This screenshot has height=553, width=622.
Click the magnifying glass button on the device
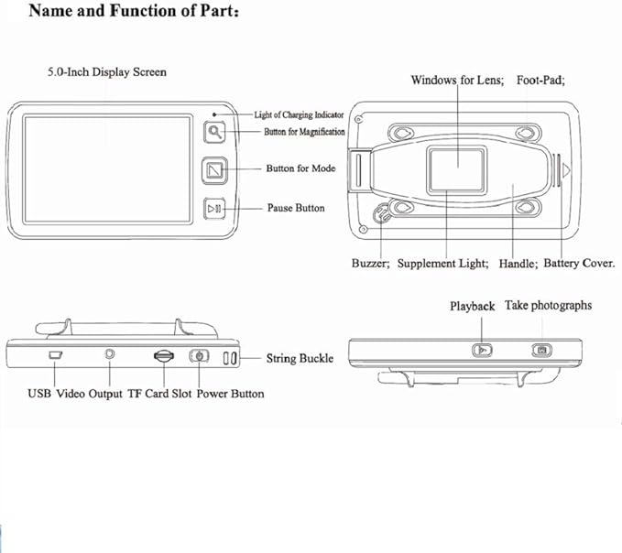click(214, 132)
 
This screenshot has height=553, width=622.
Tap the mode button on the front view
click(214, 170)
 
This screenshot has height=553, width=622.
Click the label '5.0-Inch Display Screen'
click(107, 71)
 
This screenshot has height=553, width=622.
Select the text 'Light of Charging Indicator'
click(299, 114)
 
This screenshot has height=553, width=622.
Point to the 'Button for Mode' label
click(300, 168)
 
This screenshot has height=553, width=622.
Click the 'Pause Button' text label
click(295, 208)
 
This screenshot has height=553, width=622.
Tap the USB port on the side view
click(55, 354)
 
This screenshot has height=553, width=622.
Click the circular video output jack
click(111, 353)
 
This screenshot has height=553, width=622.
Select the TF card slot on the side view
click(163, 355)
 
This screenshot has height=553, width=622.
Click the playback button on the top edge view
click(483, 348)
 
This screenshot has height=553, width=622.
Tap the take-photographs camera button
click(541, 348)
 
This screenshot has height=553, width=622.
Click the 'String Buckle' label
click(300, 358)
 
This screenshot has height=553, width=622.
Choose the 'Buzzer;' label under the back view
click(371, 264)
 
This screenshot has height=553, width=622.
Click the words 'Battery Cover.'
click(579, 264)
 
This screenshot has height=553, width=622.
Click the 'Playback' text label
click(472, 307)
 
